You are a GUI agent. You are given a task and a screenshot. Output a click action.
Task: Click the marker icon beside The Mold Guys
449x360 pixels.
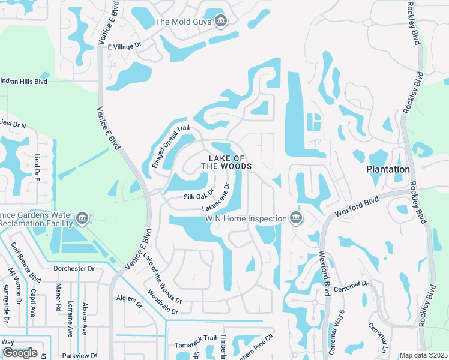coord(220,22)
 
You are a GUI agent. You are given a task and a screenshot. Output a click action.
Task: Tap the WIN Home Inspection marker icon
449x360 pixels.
coord(295,218)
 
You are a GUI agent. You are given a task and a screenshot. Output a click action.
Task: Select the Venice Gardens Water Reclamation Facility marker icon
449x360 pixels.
coord(83,218)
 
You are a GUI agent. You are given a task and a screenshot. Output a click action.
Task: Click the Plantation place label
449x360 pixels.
coord(388,169)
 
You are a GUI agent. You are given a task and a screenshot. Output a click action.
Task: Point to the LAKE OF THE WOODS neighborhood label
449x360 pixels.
coord(226,161)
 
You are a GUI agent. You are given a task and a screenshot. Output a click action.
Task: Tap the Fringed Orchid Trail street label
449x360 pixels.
coord(170,146)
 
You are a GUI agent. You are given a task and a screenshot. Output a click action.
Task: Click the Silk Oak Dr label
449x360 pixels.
coord(199,197)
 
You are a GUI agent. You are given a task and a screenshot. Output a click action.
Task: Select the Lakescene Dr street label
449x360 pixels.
coord(217,196)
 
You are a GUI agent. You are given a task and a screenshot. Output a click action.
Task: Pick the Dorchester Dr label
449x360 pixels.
coord(74,269)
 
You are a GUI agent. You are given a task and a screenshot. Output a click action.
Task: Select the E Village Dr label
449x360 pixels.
coord(124,45)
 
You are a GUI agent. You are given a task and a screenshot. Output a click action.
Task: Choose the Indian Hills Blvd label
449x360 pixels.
coord(24,80)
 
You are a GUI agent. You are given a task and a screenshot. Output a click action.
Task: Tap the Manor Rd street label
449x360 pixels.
coord(59,298)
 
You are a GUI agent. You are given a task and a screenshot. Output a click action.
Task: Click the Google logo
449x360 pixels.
coord(20,353)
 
